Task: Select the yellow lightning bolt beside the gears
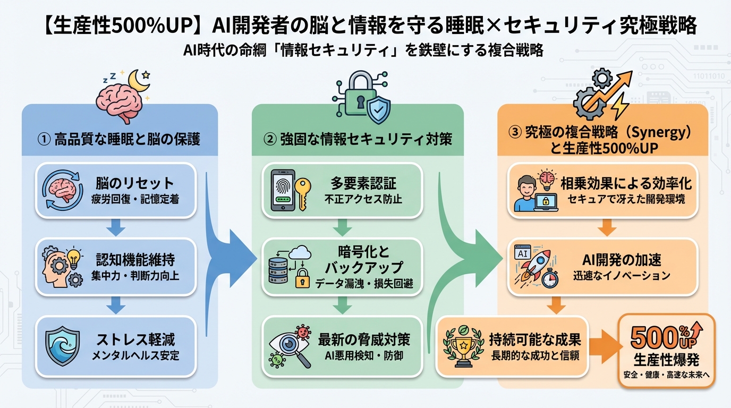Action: (618, 108)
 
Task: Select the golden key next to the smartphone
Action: (304, 195)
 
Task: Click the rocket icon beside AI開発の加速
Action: (534, 263)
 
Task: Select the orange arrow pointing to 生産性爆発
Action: (605, 345)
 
